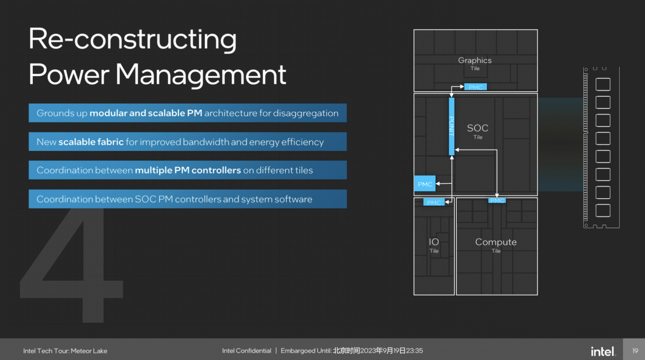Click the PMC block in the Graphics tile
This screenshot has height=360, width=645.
pyautogui.click(x=475, y=87)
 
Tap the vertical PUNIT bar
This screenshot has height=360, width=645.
pyautogui.click(x=451, y=126)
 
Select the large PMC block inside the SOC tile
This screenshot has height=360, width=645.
pyautogui.click(x=425, y=184)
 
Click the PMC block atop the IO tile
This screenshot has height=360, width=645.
pyautogui.click(x=434, y=203)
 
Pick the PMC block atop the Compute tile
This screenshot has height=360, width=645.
pyautogui.click(x=497, y=200)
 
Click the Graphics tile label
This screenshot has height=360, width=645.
pyautogui.click(x=475, y=63)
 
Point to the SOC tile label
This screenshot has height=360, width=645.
pyautogui.click(x=478, y=131)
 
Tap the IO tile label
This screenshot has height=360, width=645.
pyautogui.click(x=434, y=245)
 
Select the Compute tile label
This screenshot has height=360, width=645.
pyautogui.click(x=496, y=245)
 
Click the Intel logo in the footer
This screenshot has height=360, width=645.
pyautogui.click(x=603, y=351)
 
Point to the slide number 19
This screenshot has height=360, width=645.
pyautogui.click(x=635, y=351)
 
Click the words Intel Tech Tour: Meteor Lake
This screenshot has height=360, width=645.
pyautogui.click(x=65, y=351)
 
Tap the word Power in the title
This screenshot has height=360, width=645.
pyautogui.click(x=69, y=75)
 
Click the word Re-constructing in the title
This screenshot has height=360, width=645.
pyautogui.click(x=132, y=39)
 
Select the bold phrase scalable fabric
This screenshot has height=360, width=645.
pyautogui.click(x=91, y=142)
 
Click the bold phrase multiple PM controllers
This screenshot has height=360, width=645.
pyautogui.click(x=188, y=170)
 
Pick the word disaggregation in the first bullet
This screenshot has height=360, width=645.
pyautogui.click(x=305, y=113)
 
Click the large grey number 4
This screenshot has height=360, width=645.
pyautogui.click(x=71, y=265)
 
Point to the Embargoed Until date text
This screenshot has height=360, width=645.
pyautogui.click(x=352, y=350)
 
